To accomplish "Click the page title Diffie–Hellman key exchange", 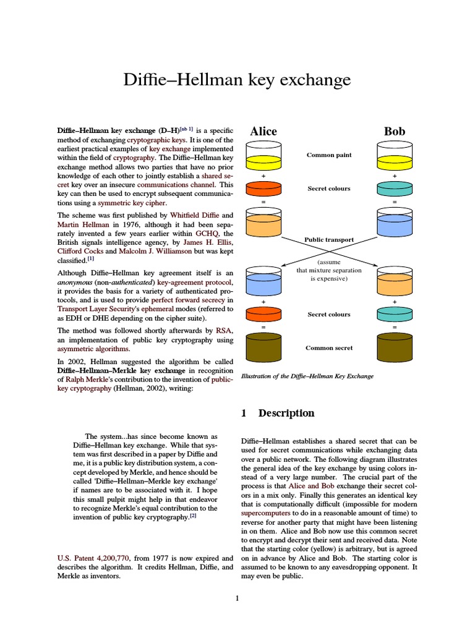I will click(237, 80).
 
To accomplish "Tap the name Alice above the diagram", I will click(263, 131).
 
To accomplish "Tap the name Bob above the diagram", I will click(395, 131).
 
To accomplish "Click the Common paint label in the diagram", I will click(329, 155).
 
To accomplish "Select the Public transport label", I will click(329, 239).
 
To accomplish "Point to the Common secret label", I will click(329, 348).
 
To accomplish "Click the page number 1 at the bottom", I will click(237, 598).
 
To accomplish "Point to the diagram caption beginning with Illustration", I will click(307, 376).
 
